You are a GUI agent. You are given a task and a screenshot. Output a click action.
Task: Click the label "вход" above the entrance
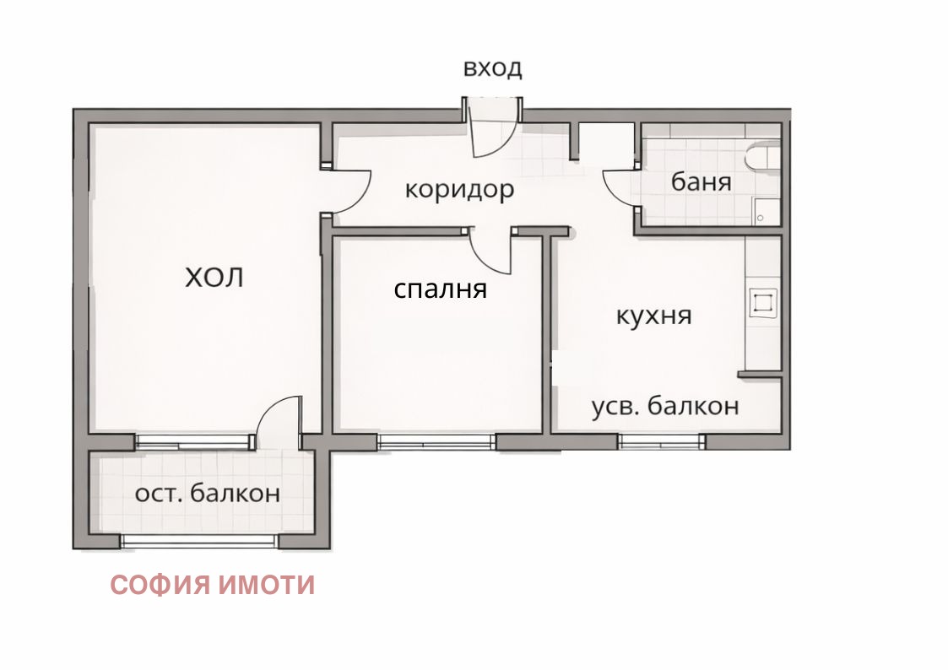492,68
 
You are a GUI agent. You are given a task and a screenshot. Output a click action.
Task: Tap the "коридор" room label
459,189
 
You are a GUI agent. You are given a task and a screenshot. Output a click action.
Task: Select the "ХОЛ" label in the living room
214,277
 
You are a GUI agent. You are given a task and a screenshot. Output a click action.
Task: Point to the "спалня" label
441,289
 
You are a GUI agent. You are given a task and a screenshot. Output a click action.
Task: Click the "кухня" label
653,316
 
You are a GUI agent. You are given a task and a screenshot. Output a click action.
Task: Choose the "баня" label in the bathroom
701,181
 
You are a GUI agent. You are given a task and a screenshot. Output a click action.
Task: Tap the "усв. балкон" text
664,406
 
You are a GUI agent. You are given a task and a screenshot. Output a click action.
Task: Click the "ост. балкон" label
207,494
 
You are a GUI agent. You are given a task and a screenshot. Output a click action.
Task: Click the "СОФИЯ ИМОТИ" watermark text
213,585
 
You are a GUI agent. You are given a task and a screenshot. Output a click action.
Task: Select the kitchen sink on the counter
763,303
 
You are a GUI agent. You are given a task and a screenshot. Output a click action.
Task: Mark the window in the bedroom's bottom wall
436,440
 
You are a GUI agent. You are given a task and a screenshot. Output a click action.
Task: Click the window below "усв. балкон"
661,440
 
